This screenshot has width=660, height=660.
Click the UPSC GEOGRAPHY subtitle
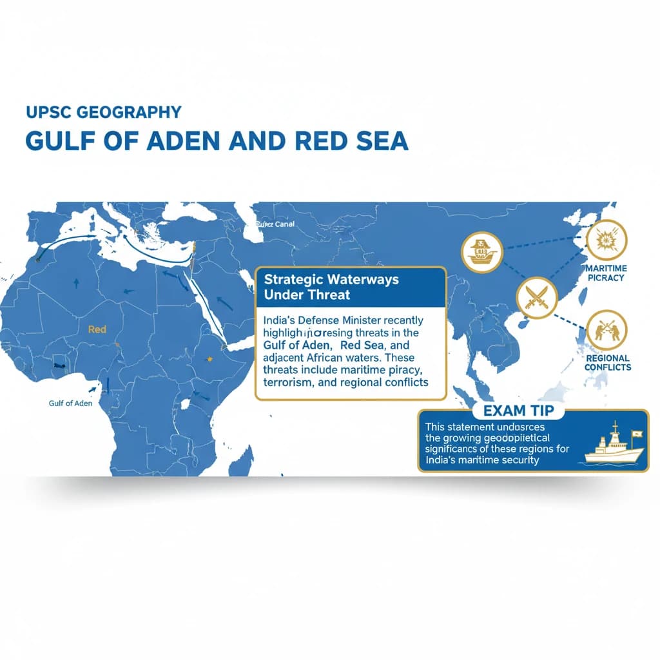click(x=104, y=112)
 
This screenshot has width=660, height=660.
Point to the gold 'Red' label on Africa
click(x=97, y=329)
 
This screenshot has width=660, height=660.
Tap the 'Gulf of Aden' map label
click(x=70, y=403)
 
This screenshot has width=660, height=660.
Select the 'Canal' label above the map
click(x=279, y=224)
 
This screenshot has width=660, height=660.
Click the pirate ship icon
click(x=481, y=252)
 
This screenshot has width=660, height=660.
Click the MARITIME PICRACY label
click(x=606, y=273)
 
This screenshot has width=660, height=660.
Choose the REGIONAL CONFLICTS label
click(x=607, y=363)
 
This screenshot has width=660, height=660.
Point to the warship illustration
click(x=613, y=445)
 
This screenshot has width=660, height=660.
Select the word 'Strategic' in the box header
click(x=295, y=280)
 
